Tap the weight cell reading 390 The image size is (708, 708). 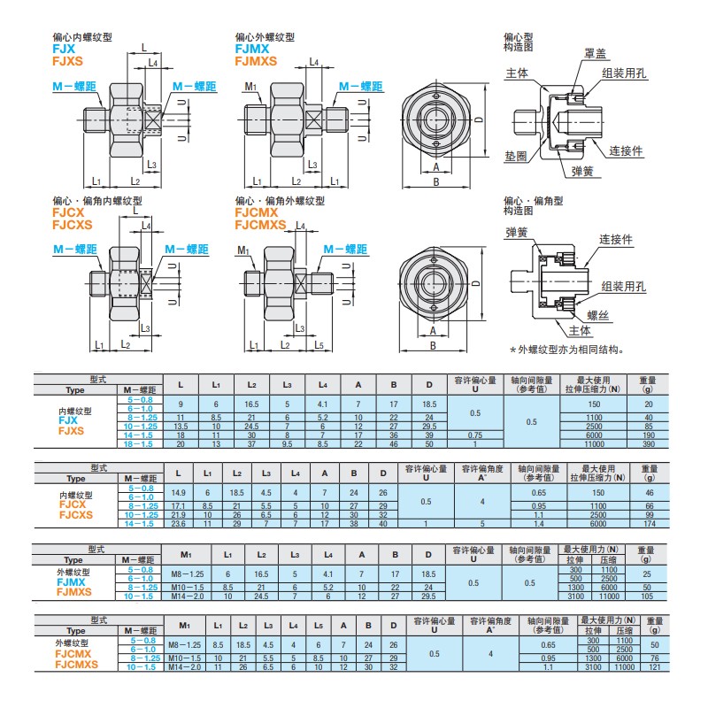click(648, 443)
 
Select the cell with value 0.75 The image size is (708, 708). click(475, 435)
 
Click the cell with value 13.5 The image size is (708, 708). click(181, 426)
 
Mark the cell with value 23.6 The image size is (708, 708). click(180, 524)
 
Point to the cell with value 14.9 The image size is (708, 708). click(180, 492)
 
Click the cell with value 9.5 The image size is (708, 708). click(287, 443)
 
